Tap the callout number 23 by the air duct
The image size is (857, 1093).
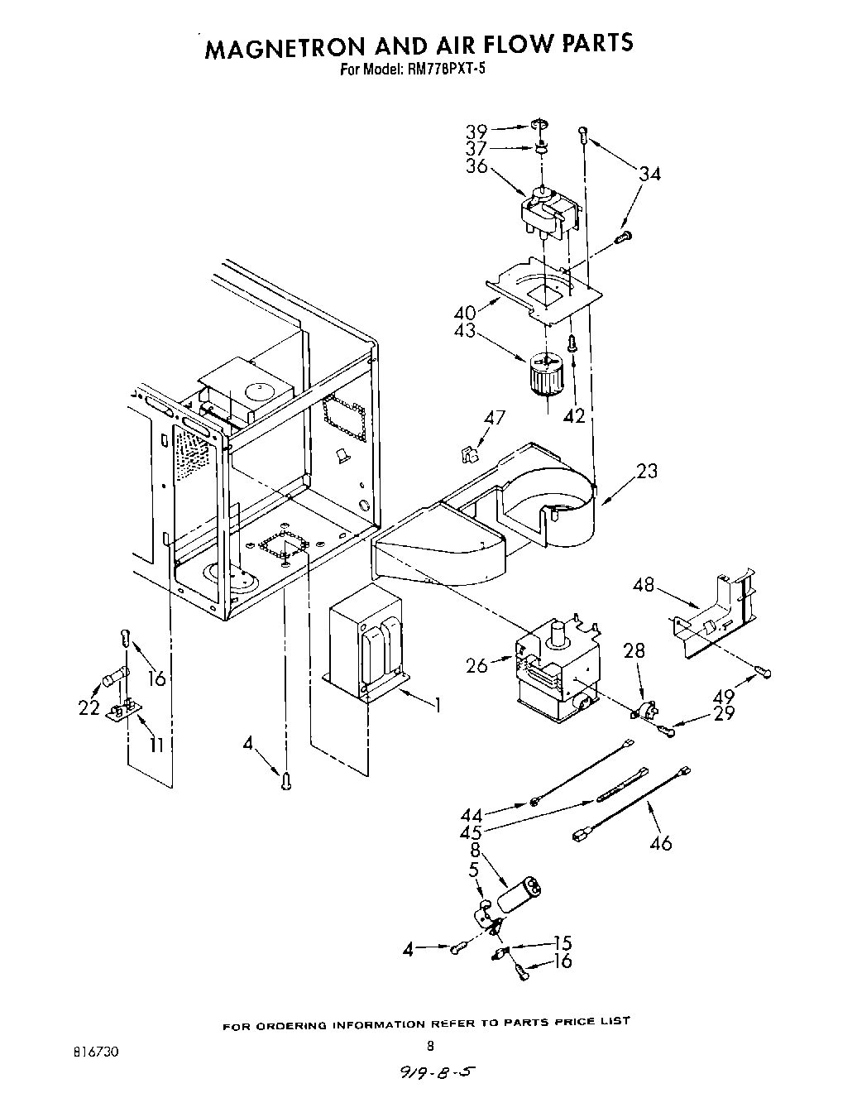click(x=647, y=471)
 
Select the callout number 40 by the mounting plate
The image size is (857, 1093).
click(x=465, y=313)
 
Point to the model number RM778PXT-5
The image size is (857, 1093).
click(x=443, y=70)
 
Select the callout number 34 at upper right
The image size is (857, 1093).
click(x=649, y=173)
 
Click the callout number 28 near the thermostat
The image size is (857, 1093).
click(x=634, y=651)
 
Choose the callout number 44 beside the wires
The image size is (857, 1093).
click(x=472, y=816)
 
